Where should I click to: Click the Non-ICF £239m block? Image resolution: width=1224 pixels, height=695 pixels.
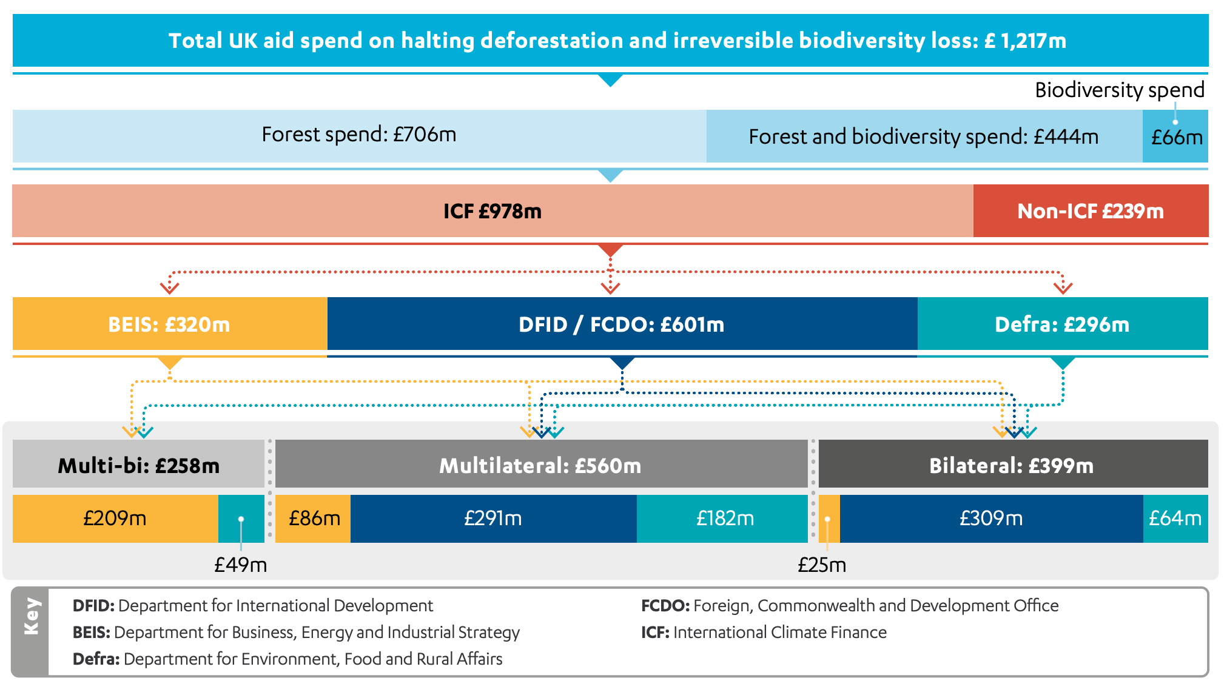1090,211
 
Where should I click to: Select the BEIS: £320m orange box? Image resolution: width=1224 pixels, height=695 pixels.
169,324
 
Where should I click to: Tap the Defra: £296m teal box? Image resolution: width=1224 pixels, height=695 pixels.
1062,324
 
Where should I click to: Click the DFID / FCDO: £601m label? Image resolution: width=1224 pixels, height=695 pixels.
621,324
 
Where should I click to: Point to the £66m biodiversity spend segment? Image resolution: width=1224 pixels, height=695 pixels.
1175,137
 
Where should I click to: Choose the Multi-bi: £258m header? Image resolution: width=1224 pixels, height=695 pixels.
138,465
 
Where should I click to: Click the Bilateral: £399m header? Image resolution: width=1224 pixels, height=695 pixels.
1012,465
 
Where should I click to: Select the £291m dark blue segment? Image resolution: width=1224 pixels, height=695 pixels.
493,519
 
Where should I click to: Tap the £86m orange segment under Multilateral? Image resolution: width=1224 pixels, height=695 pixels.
314,519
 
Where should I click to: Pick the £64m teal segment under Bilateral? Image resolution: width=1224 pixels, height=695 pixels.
1175,519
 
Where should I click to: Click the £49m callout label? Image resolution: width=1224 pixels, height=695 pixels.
240,565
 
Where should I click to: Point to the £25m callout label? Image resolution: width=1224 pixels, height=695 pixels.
821,565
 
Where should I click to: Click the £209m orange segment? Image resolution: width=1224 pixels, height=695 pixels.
115,519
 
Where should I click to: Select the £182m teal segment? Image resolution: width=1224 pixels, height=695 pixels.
724,519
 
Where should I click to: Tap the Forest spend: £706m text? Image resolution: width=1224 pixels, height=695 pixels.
358,134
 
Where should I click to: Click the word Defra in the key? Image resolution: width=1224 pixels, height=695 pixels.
95,659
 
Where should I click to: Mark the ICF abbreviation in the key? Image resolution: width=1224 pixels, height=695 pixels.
654,632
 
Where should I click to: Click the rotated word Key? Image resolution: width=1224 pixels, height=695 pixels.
31,616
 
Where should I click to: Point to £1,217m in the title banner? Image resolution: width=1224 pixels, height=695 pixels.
1025,41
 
